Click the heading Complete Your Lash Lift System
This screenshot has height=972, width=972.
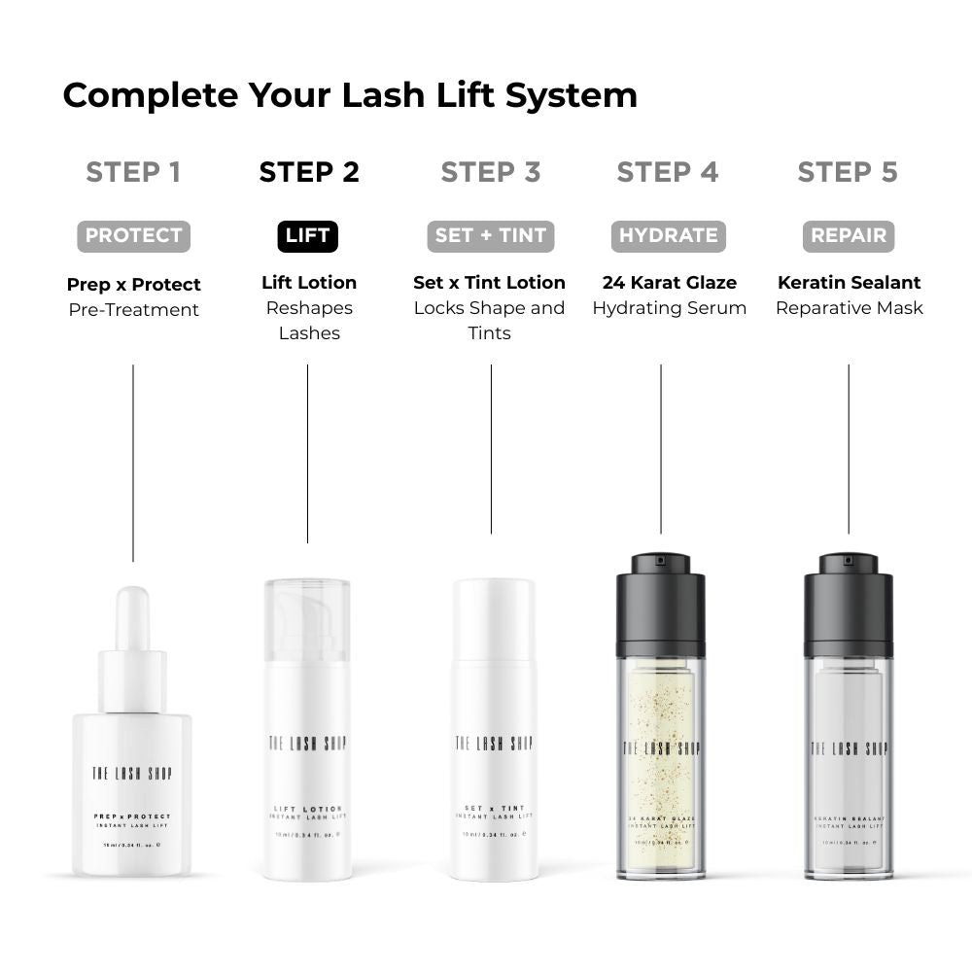tap(350, 95)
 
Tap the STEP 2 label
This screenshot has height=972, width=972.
tap(309, 172)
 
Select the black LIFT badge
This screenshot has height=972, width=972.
tap(308, 236)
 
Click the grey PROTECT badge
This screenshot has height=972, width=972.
tap(133, 235)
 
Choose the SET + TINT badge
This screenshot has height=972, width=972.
tap(491, 236)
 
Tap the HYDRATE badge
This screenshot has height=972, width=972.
tap(668, 236)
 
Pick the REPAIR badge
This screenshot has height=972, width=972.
tap(848, 236)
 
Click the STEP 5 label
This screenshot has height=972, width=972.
tap(848, 172)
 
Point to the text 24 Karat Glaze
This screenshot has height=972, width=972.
tap(669, 283)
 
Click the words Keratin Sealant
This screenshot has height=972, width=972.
tap(849, 283)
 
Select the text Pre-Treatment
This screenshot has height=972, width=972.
tap(133, 310)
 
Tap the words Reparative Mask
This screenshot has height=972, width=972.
tap(849, 308)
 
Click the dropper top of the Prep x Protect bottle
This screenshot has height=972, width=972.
tap(132, 622)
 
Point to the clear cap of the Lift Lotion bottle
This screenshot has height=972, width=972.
tap(307, 619)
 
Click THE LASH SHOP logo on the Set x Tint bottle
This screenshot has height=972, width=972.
tap(494, 744)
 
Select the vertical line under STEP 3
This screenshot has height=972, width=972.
tap(491, 447)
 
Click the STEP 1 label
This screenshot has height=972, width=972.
tap(133, 172)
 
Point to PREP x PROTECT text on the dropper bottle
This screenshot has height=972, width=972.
tap(132, 816)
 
